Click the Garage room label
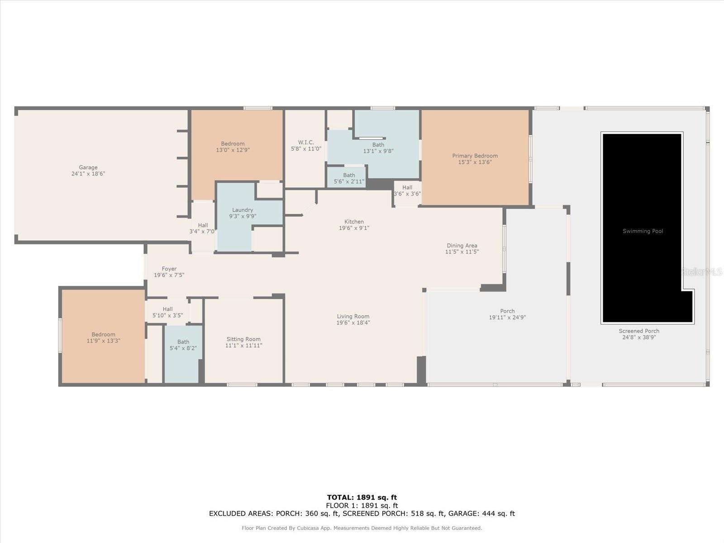tap(88, 167)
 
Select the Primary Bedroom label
tap(475, 156)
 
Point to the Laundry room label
tap(243, 210)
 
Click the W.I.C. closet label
tap(306, 143)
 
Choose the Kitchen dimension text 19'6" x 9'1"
tap(354, 228)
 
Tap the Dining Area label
tap(462, 246)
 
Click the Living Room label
tap(353, 316)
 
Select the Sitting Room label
tap(243, 339)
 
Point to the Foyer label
tap(169, 269)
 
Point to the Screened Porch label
tap(639, 331)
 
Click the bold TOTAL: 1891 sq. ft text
tap(362, 497)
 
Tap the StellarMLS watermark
tap(702, 271)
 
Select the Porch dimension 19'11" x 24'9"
tap(507, 318)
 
